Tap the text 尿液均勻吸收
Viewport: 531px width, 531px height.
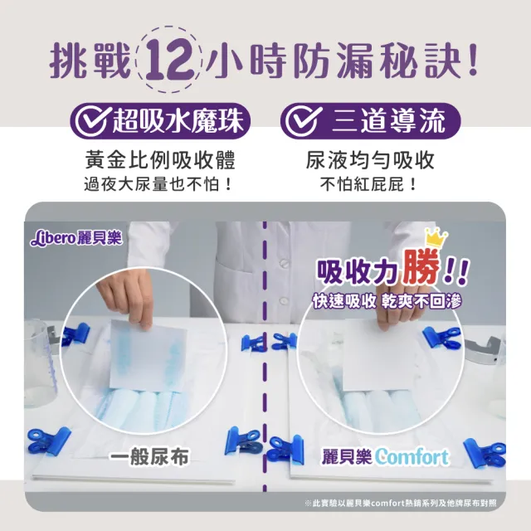(x=370, y=159)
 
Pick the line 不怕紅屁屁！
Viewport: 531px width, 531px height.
(x=370, y=183)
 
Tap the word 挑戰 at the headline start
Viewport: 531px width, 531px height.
(x=90, y=61)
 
